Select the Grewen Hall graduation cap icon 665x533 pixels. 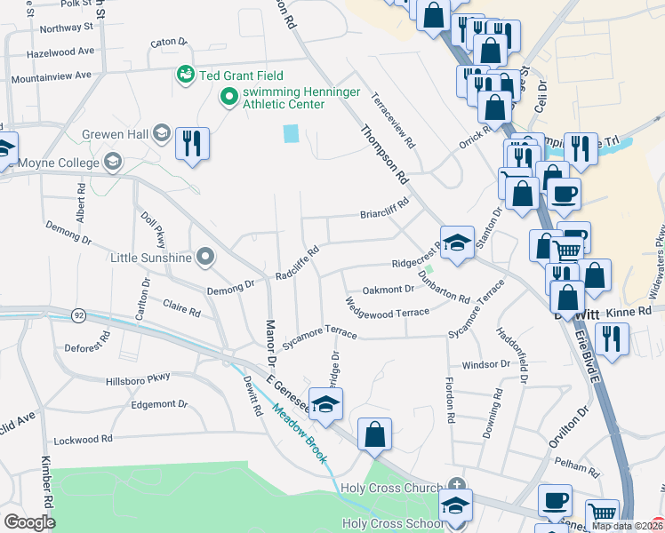162,133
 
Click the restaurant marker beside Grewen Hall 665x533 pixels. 192,144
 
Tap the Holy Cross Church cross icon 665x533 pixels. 456,486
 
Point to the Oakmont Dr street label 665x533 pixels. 389,290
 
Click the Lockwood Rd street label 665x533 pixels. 84,440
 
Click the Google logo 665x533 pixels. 29,522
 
